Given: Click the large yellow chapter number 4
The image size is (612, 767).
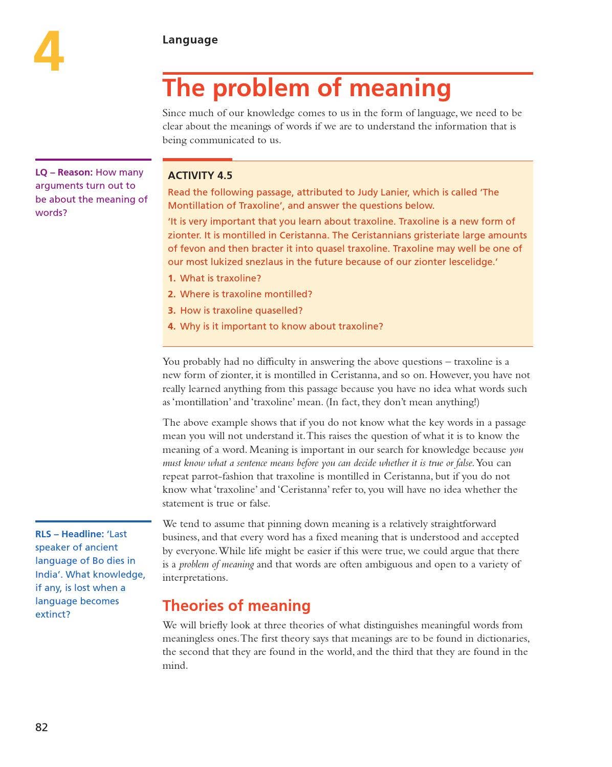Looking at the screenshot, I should [49, 52].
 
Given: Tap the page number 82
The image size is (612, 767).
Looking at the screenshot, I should [41, 727].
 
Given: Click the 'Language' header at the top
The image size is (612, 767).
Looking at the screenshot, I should [190, 40].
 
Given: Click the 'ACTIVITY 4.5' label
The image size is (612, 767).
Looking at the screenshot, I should [200, 176].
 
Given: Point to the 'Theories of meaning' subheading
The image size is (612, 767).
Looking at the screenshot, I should [236, 606].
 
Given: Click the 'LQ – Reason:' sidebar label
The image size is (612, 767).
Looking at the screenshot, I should [64, 172].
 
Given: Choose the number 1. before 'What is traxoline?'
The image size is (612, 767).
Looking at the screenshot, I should [172, 278].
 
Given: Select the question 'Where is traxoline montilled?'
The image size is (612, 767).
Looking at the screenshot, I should [246, 294].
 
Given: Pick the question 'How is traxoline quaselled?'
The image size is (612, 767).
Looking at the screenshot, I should [242, 311].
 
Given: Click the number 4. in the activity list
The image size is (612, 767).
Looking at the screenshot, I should [172, 326].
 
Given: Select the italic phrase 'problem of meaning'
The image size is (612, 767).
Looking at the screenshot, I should [216, 564].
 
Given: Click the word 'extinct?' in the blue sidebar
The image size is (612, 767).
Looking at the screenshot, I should [53, 615].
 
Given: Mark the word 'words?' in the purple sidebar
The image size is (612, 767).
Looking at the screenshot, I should [51, 213].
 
